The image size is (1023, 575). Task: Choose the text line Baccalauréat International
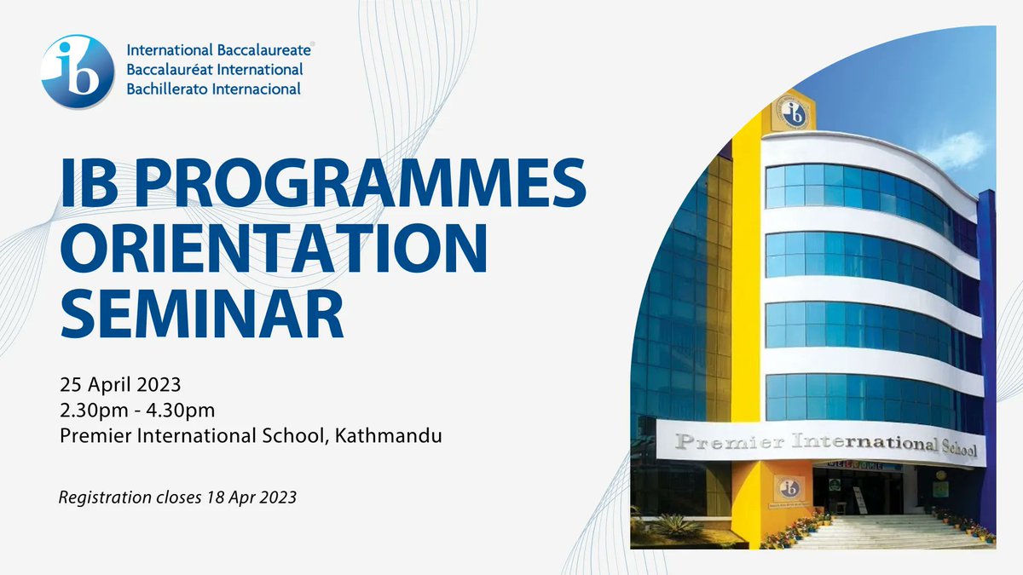[x=215, y=70]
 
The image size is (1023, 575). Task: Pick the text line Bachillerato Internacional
[x=213, y=88]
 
